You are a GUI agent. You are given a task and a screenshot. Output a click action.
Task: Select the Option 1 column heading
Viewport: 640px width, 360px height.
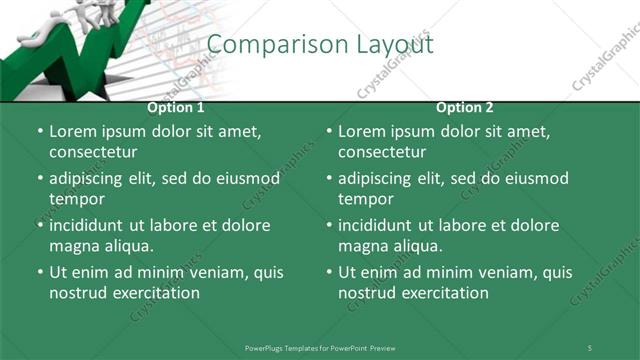[176, 108]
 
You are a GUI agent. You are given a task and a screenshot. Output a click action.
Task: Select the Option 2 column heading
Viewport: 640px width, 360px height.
[465, 108]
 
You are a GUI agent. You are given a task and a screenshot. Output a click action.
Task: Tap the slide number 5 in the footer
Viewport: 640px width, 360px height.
[589, 347]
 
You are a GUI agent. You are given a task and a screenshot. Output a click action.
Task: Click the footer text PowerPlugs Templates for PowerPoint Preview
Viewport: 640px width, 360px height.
[320, 347]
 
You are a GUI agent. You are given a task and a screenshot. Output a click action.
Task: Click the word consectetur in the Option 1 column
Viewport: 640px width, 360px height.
[93, 152]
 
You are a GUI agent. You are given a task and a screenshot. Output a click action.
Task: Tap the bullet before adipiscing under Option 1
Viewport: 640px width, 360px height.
[39, 179]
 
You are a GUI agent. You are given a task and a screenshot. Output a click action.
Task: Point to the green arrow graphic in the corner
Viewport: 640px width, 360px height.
[70, 50]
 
